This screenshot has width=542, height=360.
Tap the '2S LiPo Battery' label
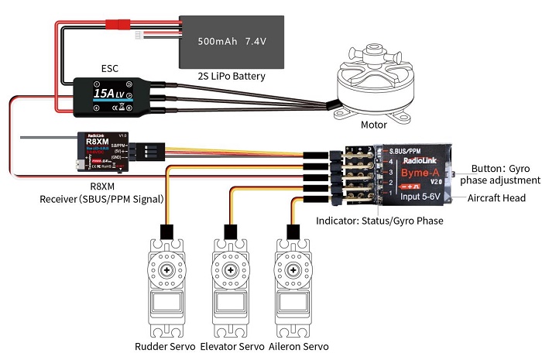click(232, 76)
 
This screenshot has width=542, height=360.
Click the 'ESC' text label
click(110, 67)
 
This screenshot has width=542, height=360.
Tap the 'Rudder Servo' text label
click(165, 345)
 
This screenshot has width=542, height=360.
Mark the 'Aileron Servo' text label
click(298, 345)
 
